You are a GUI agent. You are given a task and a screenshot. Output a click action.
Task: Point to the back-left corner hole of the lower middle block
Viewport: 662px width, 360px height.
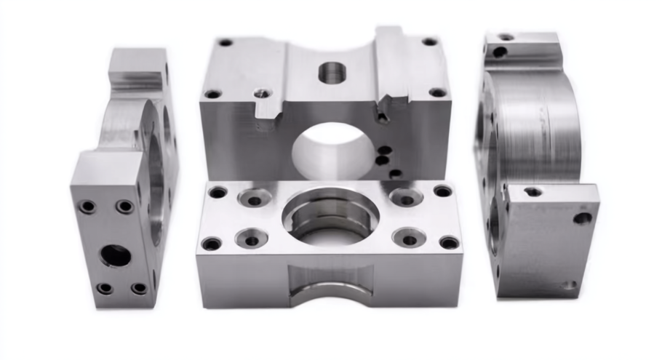[x=218, y=193]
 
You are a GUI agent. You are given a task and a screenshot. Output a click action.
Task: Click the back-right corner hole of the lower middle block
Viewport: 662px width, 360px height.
[x=442, y=191]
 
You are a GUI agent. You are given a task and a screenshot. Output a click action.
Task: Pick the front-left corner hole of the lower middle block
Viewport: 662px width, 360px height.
[x=212, y=244]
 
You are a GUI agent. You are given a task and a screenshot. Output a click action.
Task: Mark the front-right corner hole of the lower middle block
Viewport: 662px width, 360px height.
[x=449, y=242]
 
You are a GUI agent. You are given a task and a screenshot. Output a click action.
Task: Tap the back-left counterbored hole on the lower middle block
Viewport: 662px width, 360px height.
[x=255, y=198]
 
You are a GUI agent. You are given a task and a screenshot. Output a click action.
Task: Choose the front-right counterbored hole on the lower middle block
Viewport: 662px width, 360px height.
[x=409, y=238]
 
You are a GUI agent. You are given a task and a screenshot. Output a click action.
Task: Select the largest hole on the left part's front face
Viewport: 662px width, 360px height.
[x=116, y=255]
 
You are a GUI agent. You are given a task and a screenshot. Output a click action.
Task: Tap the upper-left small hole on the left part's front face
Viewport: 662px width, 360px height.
[x=87, y=207]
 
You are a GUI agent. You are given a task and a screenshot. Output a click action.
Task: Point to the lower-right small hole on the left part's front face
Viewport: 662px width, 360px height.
[x=138, y=288]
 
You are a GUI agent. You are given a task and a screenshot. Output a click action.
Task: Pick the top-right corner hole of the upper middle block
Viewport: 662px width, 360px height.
[x=430, y=41]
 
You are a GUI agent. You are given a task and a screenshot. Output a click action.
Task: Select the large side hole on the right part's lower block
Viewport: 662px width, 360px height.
[x=582, y=217]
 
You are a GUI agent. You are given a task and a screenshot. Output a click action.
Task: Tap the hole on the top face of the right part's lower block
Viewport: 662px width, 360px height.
[x=533, y=191]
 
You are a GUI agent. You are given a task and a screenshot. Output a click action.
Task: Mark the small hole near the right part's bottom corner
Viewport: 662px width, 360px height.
[x=569, y=286]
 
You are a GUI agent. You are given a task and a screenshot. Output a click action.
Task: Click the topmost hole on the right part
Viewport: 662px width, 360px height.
[x=506, y=36]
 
